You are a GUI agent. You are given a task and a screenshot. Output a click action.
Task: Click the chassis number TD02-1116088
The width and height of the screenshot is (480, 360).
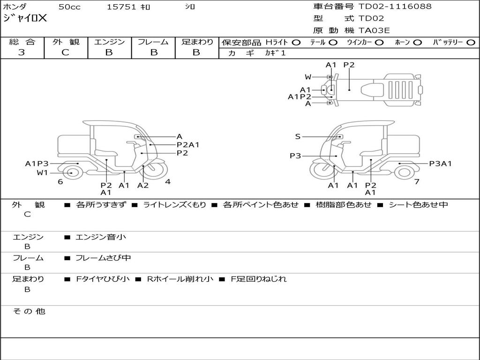395,7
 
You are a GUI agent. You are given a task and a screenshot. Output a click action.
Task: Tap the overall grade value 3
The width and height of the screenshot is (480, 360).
22,52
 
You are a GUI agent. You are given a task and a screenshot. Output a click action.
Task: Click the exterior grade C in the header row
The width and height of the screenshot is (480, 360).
66,52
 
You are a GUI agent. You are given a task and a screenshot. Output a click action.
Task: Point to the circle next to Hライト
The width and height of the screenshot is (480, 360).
296,43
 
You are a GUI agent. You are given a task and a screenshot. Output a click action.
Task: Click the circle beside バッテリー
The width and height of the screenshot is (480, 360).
471,43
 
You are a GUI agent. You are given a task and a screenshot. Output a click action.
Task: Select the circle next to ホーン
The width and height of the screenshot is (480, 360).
418,43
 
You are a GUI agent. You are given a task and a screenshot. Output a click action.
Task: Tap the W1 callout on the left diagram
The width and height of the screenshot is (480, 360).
42,172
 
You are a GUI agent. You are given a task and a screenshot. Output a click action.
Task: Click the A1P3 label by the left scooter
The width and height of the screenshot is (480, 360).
37,164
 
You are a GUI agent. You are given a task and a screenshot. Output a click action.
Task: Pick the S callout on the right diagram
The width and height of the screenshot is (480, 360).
298,136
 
